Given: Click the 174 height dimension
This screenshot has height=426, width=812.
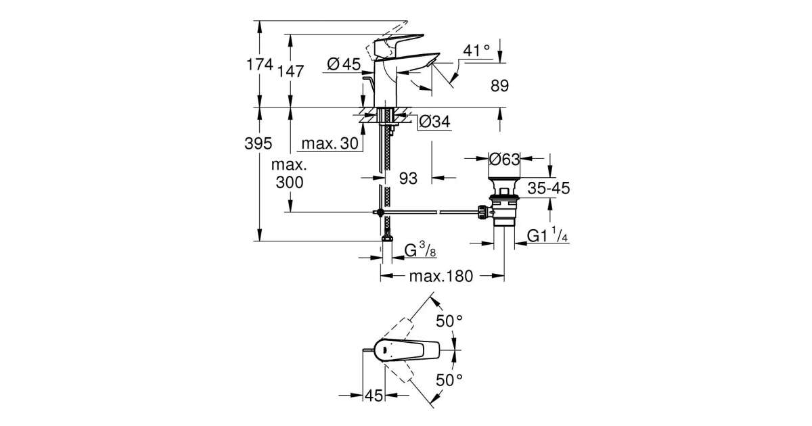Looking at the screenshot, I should tap(261, 66).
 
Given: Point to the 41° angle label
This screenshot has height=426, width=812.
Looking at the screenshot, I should tap(476, 51).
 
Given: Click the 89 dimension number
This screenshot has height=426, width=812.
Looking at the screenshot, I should tap(499, 86).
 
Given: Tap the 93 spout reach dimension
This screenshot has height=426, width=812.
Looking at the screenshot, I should tap(407, 179).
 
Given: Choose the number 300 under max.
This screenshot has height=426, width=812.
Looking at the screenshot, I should tap(289, 182).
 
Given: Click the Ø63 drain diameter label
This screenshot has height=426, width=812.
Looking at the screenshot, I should tap(504, 160).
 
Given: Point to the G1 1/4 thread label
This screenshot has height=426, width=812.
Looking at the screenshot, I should tap(547, 237).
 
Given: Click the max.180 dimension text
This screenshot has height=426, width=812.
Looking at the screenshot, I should tap(443, 276).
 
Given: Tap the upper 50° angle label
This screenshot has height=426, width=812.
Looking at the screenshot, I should tap(449, 321).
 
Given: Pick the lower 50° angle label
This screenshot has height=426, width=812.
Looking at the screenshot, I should tap(449, 380).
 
